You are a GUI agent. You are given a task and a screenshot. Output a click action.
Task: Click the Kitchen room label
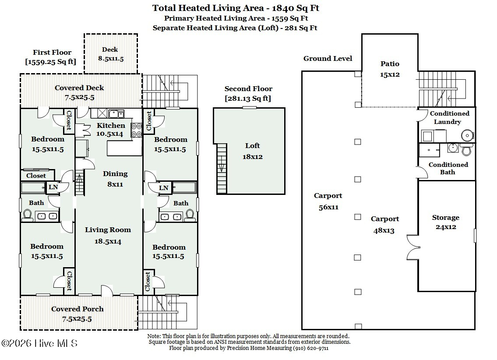pyautogui.click(x=111, y=126)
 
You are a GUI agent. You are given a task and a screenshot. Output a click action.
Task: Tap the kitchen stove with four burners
pyautogui.click(x=137, y=130)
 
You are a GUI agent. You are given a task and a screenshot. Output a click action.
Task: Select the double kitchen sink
pyautogui.click(x=116, y=113)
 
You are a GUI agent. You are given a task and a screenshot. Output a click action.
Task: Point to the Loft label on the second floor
pyautogui.click(x=252, y=146)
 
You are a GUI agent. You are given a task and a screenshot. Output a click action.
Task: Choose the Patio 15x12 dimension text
pyautogui.click(x=390, y=74)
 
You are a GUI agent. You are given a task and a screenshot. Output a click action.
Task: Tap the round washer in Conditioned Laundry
pyautogui.click(x=467, y=135)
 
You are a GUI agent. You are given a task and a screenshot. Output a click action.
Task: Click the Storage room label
pyautogui.click(x=446, y=217)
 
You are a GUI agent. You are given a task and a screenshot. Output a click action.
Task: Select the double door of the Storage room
pyautogui.click(x=413, y=247)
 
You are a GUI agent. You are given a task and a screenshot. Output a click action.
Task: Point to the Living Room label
pyautogui.click(x=108, y=230)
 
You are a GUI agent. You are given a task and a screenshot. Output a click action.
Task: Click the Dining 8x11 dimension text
pyautogui.click(x=115, y=184)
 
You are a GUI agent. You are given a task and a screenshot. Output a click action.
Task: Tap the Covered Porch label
pyautogui.click(x=78, y=309)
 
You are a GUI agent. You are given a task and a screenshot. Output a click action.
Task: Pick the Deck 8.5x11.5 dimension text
pyautogui.click(x=111, y=59)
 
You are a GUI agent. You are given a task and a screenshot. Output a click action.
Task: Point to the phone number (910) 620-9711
pyautogui.click(x=310, y=348)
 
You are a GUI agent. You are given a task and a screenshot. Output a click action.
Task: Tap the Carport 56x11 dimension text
pyautogui.click(x=328, y=207)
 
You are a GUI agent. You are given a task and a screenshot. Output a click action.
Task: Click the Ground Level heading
pyautogui.click(x=328, y=59)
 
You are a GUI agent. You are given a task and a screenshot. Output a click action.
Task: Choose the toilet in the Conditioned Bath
pyautogui.click(x=466, y=149)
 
